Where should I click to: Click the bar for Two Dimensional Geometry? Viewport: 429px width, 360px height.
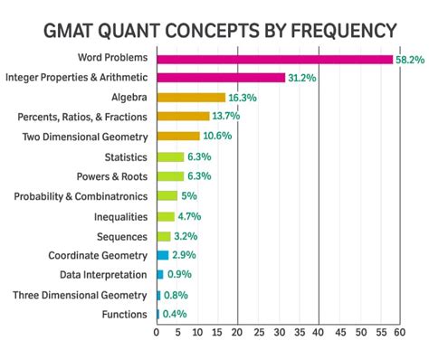178,137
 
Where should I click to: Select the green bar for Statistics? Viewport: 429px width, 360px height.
169,156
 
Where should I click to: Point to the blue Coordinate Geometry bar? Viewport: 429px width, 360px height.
162,255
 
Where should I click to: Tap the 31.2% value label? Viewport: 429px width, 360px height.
303,78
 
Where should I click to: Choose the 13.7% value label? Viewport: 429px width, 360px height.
226,117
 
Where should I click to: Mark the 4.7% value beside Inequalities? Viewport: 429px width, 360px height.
191,215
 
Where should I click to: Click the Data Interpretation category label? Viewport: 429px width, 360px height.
103,274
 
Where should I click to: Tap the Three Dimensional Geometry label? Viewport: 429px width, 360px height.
80,294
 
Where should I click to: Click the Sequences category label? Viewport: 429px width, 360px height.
120,235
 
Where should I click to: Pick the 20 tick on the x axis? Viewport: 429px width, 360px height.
237,332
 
